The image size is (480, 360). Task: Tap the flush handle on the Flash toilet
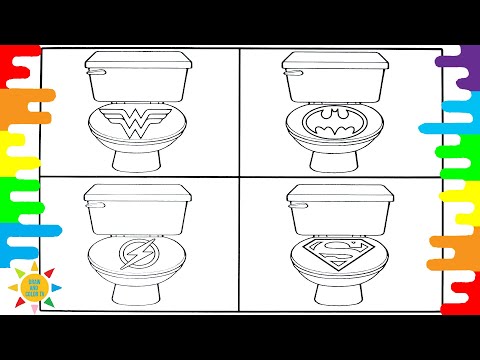tap(93, 198)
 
